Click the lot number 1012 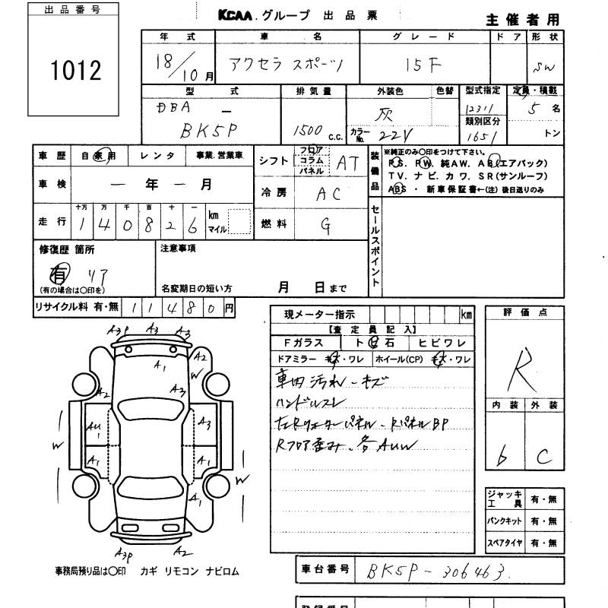pyautogui.click(x=76, y=70)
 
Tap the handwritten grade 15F pyautogui.click(x=423, y=65)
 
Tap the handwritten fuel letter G pyautogui.click(x=326, y=223)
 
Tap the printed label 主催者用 pyautogui.click(x=523, y=19)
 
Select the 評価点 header pyautogui.click(x=525, y=312)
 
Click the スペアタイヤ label pyautogui.click(x=504, y=543)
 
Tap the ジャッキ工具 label pyautogui.click(x=504, y=499)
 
